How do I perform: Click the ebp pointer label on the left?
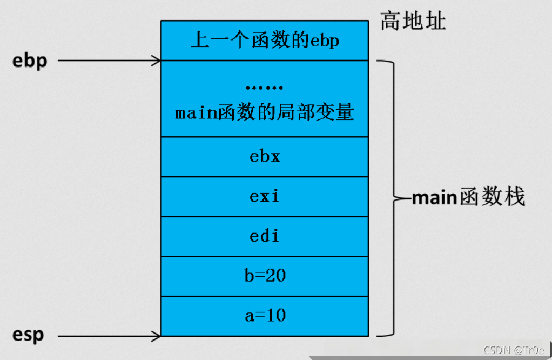coord(30,61)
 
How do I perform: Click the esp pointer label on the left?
coord(28,335)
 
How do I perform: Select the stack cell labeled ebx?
coord(265,157)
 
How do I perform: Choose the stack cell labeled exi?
coord(265,196)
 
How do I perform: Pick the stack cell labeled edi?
coord(265,236)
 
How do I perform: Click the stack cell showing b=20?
coord(265,276)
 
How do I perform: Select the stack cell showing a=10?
coord(265,316)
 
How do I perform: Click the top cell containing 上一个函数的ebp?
coord(265,41)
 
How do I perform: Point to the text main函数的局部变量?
coord(265,114)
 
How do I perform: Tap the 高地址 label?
coord(413,21)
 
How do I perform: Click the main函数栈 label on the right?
coord(468,198)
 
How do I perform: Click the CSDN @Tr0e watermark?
coord(514,350)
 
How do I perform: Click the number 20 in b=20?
coord(275,276)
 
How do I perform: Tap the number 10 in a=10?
coord(275,316)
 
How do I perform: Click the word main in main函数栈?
coord(435,198)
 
